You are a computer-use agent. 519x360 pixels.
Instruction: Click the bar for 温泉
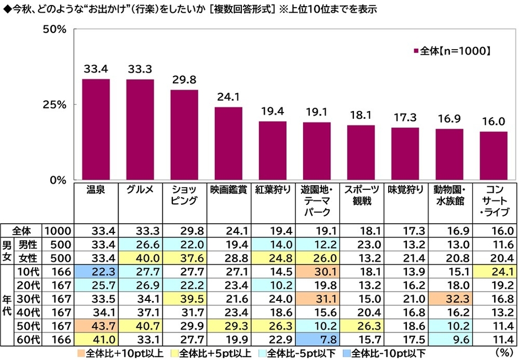point(96,130)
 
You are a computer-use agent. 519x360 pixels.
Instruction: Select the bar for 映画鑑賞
point(229,144)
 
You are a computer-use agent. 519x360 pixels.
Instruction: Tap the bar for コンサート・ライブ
point(493,156)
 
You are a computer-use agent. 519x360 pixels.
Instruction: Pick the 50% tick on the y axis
point(55,29)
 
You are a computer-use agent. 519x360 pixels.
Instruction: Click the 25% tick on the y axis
point(55,104)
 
